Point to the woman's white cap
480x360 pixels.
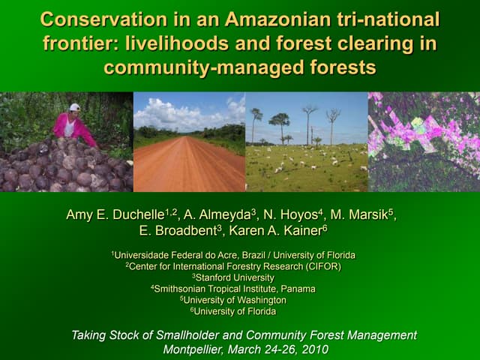coord(75,107)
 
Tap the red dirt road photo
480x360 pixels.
coord(189,161)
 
